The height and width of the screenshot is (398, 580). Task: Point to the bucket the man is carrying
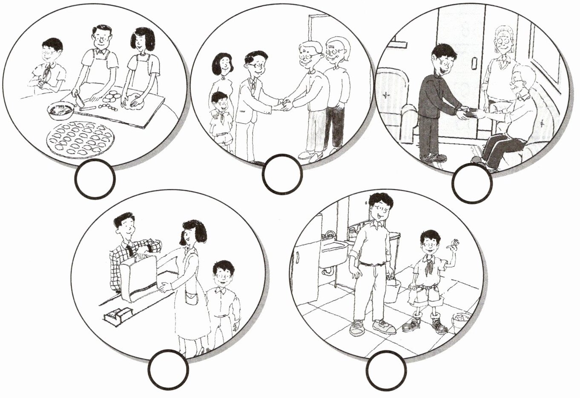tap(393, 290)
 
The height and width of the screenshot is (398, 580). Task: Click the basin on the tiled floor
tap(462, 321)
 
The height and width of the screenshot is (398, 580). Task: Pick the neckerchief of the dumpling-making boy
tap(46, 73)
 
